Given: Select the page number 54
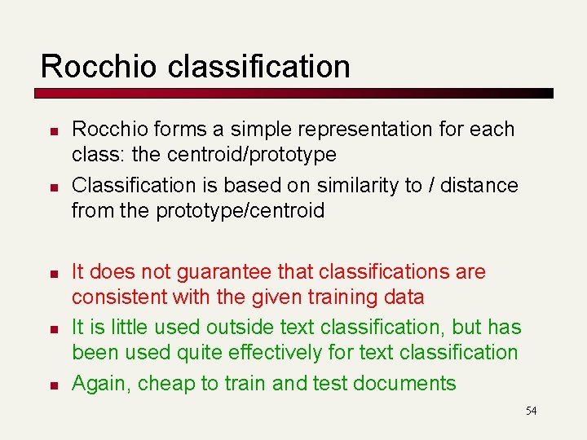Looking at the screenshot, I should (531, 411).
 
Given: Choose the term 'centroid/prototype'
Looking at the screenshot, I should (251, 154).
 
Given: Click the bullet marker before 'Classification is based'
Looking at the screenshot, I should (50, 187).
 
